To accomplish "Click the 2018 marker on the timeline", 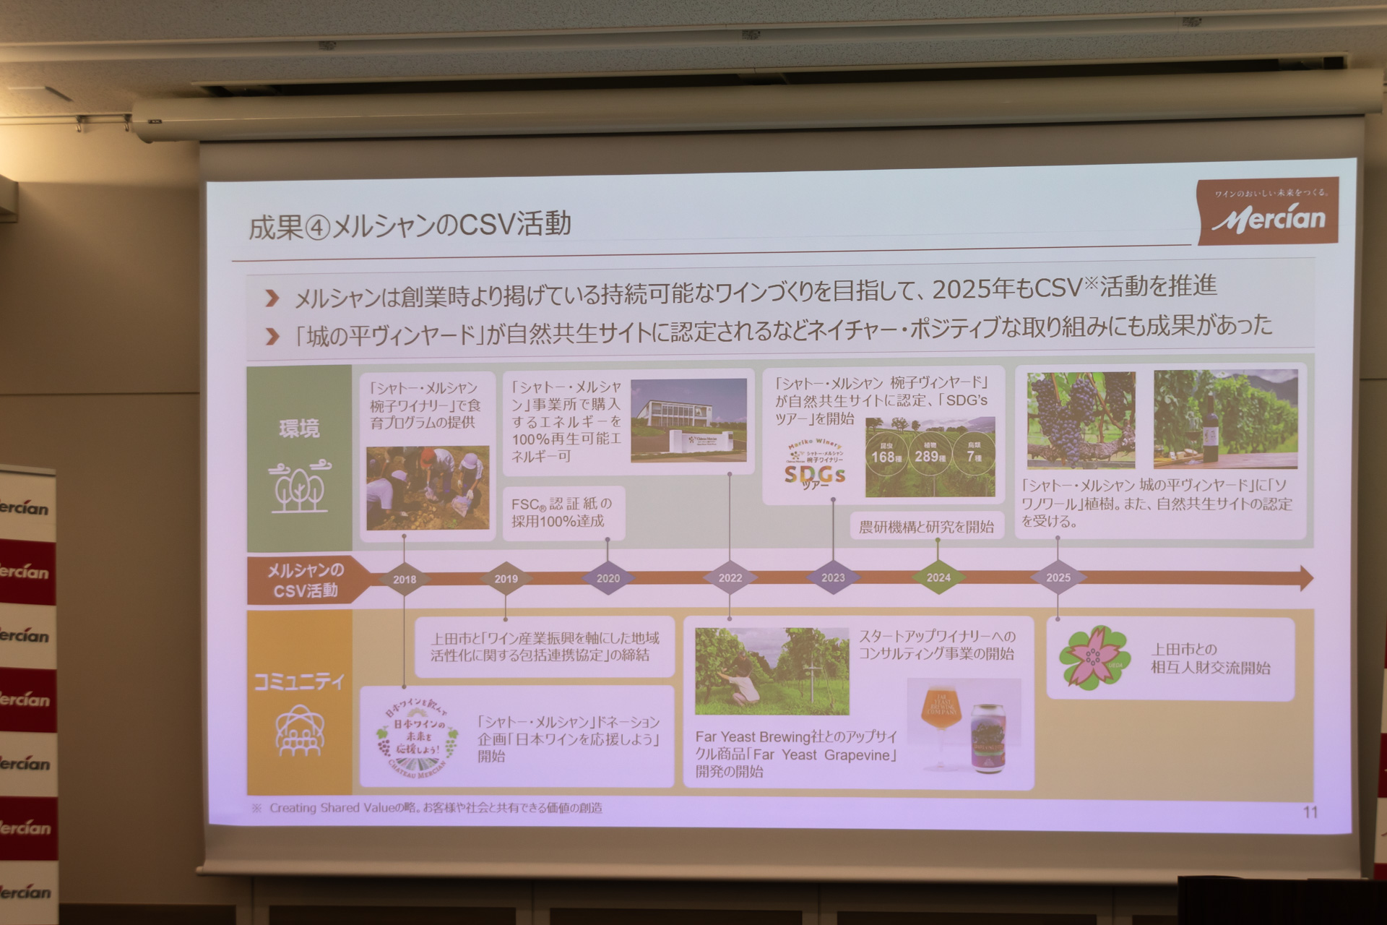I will click(405, 579).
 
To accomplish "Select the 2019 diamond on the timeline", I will click(506, 579).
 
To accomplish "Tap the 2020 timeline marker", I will click(608, 578).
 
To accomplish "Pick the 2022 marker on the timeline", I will click(730, 577).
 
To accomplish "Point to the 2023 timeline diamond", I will click(833, 577).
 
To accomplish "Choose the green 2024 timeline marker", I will click(938, 577).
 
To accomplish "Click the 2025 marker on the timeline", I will click(1058, 577).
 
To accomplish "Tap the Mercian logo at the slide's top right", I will click(1268, 213).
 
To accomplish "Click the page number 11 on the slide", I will click(1310, 812).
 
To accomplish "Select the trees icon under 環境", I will click(298, 486).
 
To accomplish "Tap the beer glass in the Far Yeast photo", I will click(941, 723).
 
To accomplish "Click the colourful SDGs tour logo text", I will click(814, 475).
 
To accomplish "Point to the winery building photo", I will click(688, 421).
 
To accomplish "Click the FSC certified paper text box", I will click(561, 512).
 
